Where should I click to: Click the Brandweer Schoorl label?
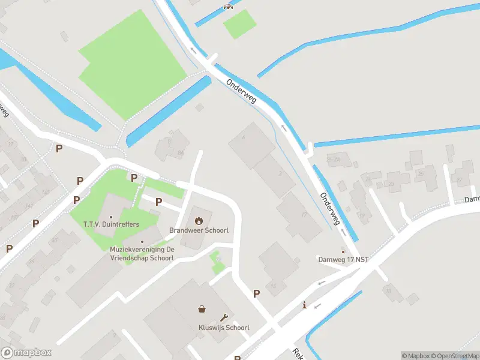tap(198, 230)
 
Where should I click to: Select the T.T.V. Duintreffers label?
tap(111, 224)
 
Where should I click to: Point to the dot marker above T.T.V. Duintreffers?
tap(111, 217)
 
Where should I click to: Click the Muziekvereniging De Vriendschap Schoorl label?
tap(142, 253)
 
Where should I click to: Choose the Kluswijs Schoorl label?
tap(223, 328)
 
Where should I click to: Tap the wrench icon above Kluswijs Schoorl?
tap(224, 317)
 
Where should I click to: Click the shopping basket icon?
tap(202, 309)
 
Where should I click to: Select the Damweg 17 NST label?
tap(343, 260)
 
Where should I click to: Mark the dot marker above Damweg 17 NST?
tap(343, 251)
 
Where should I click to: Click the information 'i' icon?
tap(305, 305)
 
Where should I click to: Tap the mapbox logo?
tap(26, 353)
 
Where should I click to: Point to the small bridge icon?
tap(227, 7)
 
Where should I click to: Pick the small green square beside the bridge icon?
tap(239, 24)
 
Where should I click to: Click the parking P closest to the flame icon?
tap(159, 202)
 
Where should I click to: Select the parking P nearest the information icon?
tap(256, 294)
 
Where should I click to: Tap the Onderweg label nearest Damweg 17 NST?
tap(330, 208)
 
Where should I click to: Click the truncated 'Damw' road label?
tap(472, 199)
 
